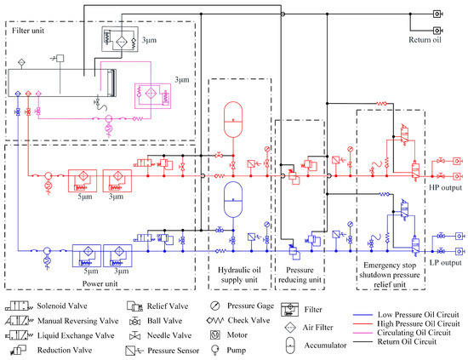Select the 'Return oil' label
(425, 39)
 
